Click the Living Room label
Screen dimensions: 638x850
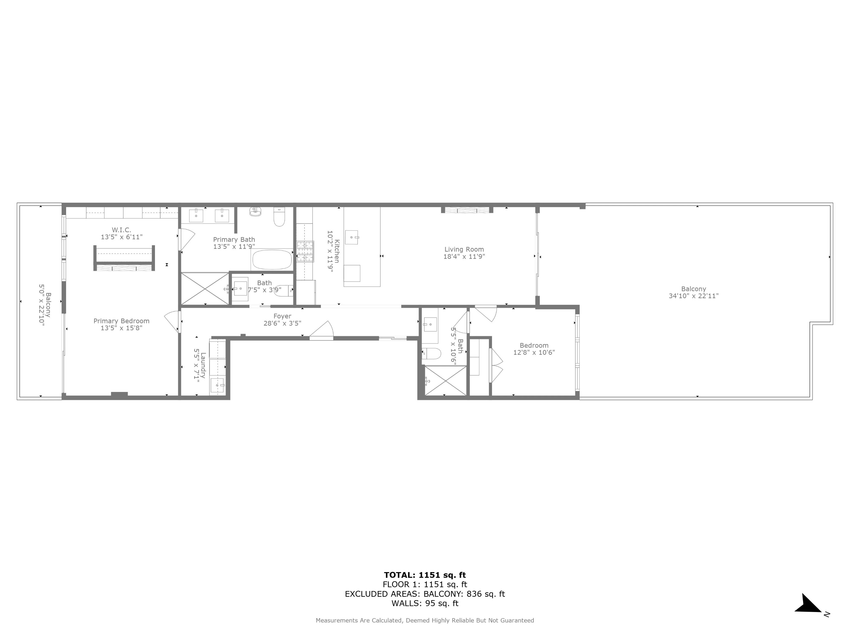point(464,249)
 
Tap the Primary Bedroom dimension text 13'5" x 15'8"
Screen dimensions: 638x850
point(121,328)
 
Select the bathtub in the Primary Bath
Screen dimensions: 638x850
point(272,260)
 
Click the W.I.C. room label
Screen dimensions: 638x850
point(121,230)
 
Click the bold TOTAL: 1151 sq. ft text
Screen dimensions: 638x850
point(425,575)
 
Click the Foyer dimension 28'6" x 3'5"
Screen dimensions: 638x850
point(282,323)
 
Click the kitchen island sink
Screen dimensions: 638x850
point(352,237)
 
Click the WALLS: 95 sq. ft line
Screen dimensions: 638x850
point(425,603)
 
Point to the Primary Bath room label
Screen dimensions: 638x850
point(234,240)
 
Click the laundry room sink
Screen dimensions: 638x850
point(218,385)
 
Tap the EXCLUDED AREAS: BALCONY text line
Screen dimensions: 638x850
point(425,594)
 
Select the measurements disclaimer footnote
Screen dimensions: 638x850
point(425,620)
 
